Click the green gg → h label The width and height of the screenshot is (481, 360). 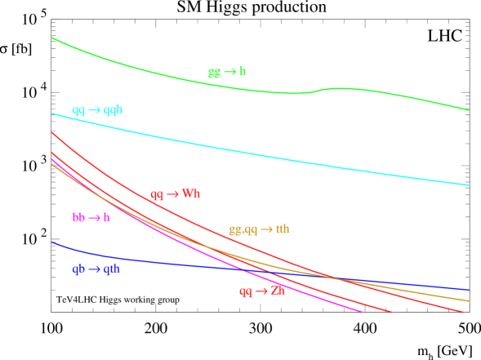[x=227, y=72]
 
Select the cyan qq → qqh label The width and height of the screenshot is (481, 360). [x=97, y=109]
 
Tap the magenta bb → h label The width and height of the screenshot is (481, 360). [x=91, y=218]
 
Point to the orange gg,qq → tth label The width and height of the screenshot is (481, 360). [x=259, y=229]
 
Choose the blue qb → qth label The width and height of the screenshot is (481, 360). [x=96, y=269]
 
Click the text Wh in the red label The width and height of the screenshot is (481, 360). [x=190, y=193]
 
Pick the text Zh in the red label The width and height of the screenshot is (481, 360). [x=278, y=291]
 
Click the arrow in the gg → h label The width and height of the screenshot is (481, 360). [x=229, y=72]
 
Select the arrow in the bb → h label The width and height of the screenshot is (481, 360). [x=94, y=218]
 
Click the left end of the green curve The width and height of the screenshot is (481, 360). [x=52, y=38]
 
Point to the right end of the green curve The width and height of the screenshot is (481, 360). [x=469, y=110]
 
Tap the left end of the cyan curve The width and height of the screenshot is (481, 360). [x=52, y=113]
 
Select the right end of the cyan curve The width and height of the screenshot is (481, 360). [x=469, y=185]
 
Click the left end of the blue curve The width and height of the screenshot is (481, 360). [x=52, y=242]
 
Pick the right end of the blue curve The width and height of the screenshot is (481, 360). [x=469, y=290]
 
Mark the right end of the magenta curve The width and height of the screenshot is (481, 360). [x=363, y=311]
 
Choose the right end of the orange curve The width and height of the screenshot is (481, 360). [x=469, y=301]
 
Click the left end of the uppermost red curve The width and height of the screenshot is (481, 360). [x=52, y=132]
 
